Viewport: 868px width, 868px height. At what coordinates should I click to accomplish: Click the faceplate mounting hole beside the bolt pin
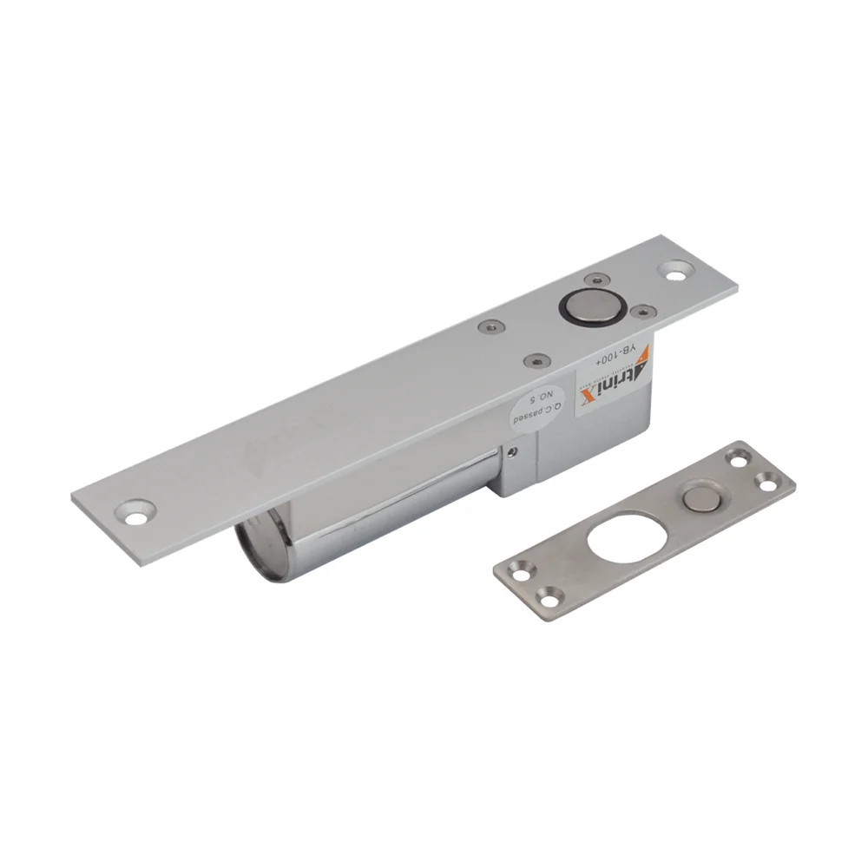[x=675, y=270]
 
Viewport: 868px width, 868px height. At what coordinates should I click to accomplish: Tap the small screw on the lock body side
[x=514, y=451]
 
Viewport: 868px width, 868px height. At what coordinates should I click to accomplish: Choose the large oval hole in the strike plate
[x=626, y=537]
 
